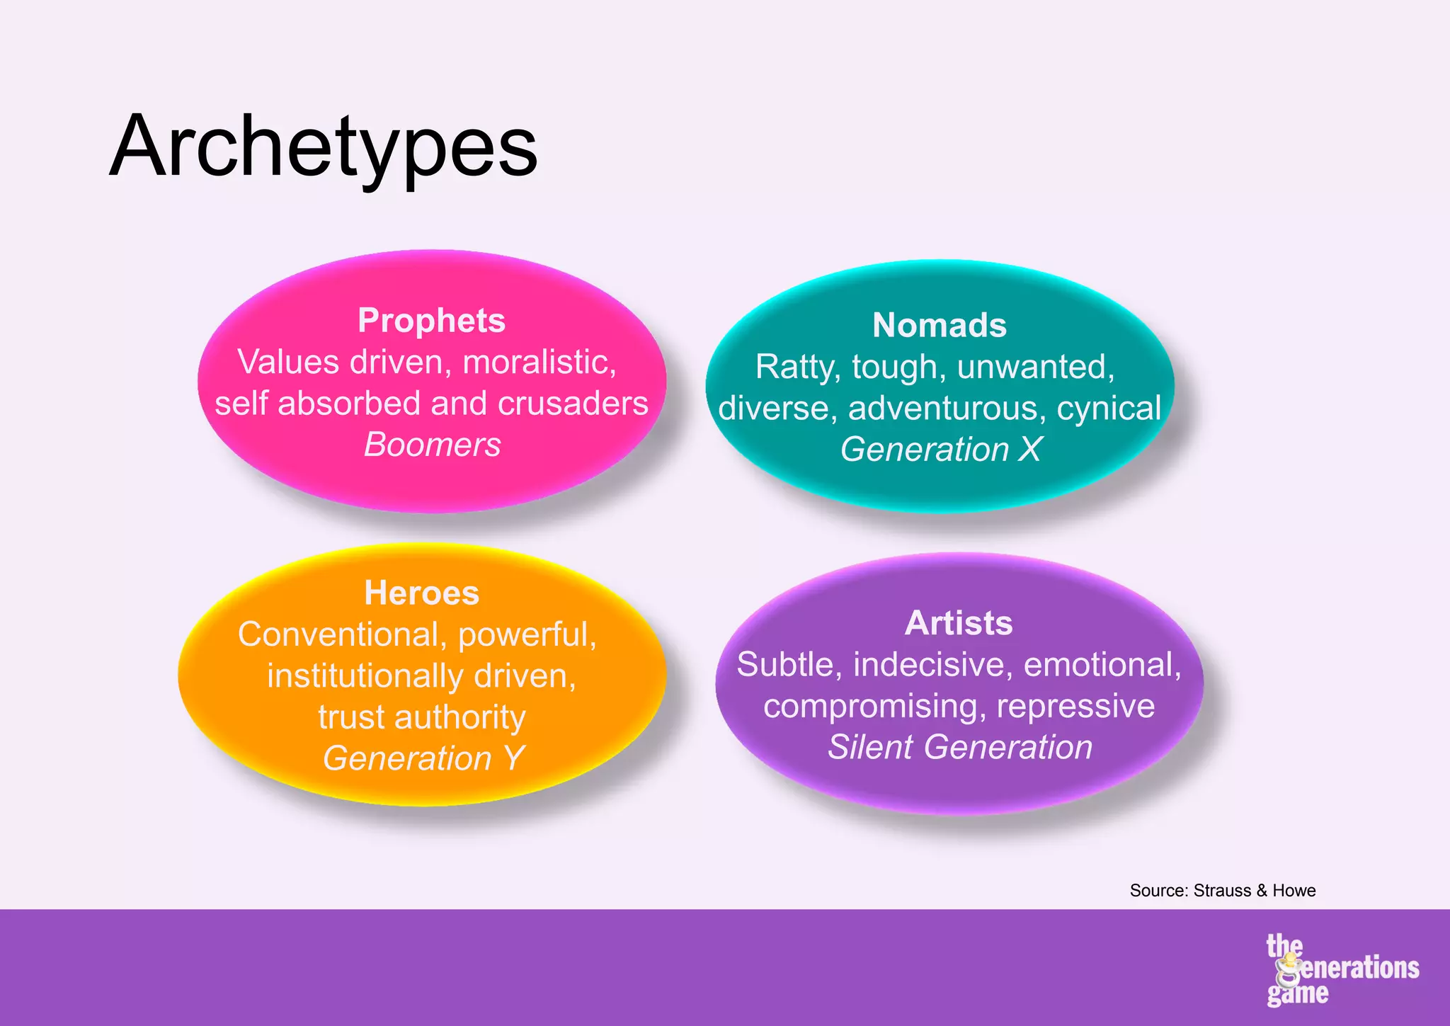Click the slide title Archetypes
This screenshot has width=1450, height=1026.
pos(324,147)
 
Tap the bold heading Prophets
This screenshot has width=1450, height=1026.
pos(431,320)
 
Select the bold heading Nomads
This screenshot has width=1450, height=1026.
pos(939,325)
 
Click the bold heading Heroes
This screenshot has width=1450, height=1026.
pos(421,593)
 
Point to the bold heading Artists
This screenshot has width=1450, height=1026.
pos(959,623)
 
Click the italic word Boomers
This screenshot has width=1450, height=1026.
pos(432,445)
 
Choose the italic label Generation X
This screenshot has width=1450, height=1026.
pos(940,449)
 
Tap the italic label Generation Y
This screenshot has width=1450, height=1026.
pos(423,758)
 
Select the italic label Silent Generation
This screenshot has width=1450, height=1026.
pos(959,747)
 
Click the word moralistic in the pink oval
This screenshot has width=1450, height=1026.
pos(539,362)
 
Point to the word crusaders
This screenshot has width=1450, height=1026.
pos(573,404)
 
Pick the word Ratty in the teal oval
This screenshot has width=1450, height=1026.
pos(797,367)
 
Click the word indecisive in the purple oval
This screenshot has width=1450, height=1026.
pos(932,664)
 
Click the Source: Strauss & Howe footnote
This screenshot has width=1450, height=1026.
pos(1222,890)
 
